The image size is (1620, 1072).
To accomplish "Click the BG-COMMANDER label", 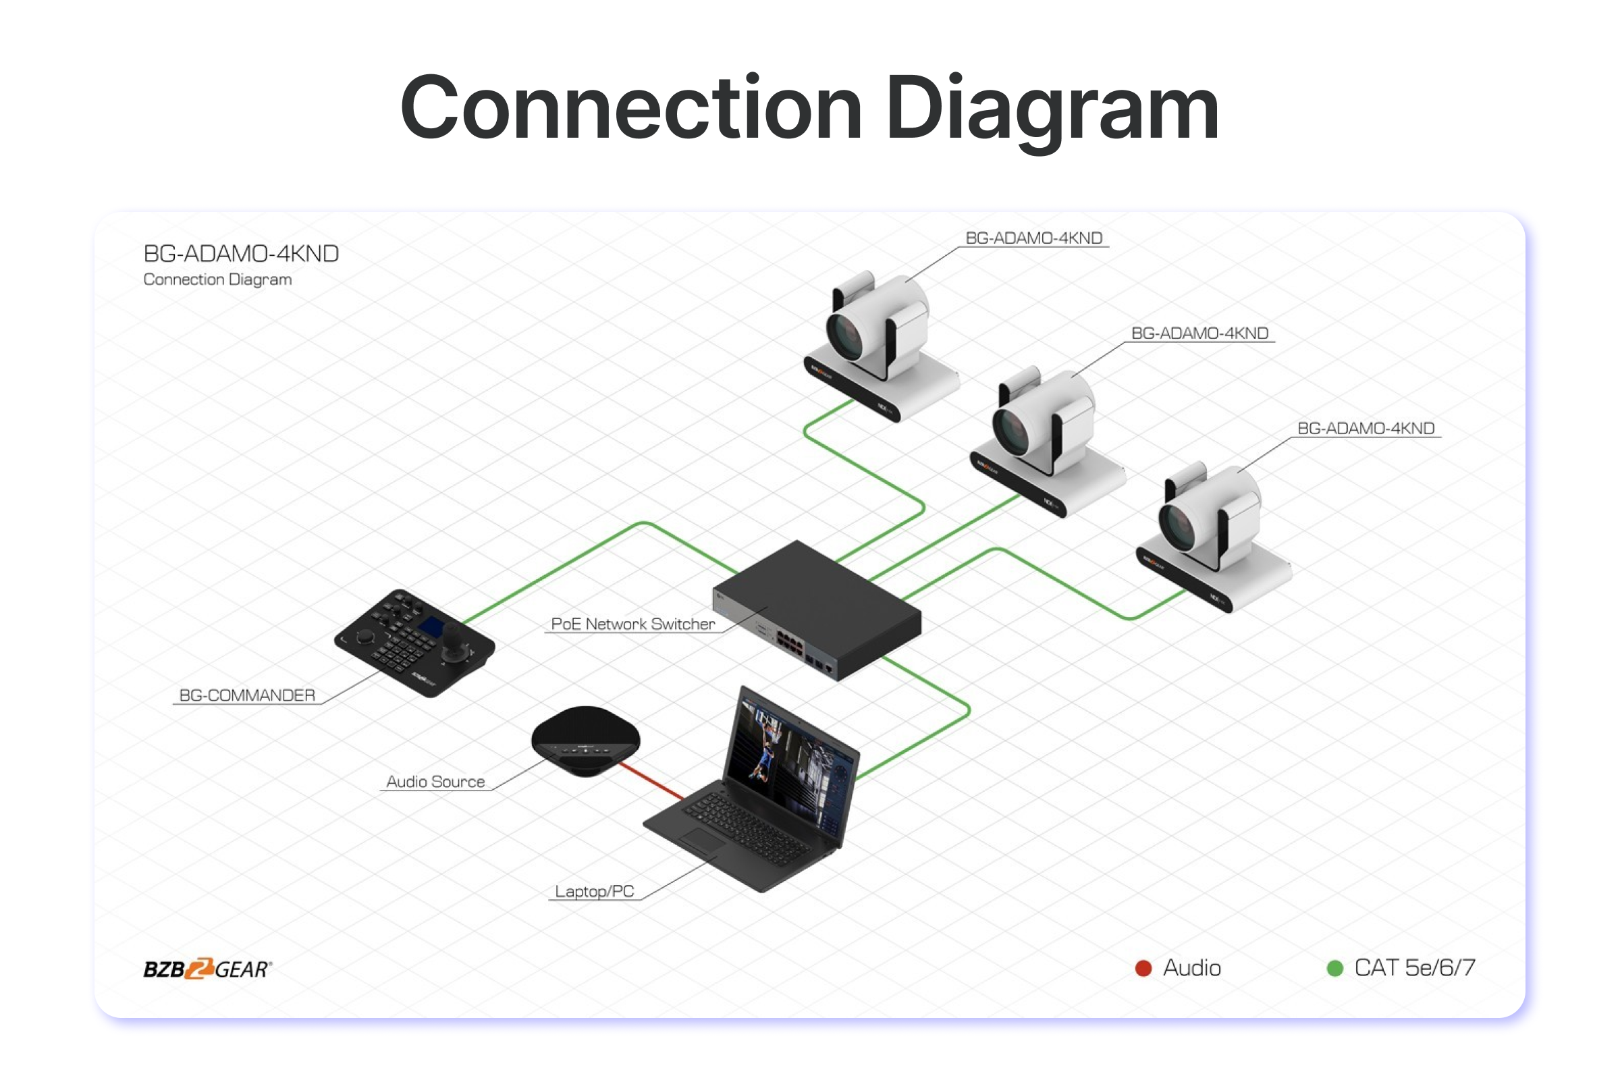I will [x=247, y=695].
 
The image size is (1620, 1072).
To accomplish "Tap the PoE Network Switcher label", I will [x=632, y=624].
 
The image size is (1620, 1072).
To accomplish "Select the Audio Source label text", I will [x=435, y=782].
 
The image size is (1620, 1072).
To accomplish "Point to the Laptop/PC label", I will [x=594, y=892].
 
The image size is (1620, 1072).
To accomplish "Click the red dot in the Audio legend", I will [x=1143, y=968].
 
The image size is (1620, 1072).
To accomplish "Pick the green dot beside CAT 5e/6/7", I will [x=1334, y=968].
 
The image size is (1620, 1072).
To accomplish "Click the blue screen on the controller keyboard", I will [x=431, y=628].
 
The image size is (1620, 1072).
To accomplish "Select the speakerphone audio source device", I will [x=586, y=740].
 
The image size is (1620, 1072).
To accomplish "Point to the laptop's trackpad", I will [x=704, y=840].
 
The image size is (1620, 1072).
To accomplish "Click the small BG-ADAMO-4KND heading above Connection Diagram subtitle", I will [x=241, y=254].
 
